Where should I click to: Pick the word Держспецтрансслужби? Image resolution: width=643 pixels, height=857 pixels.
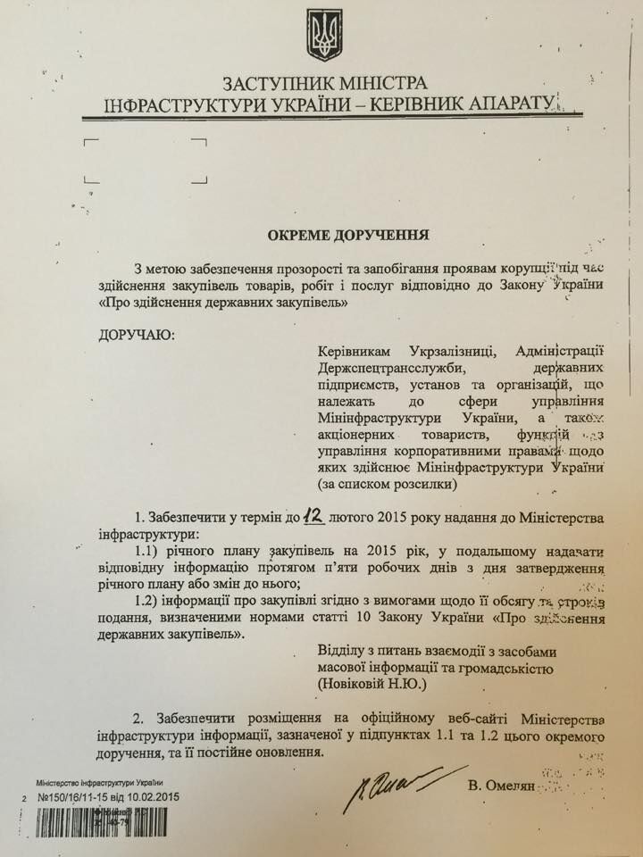391,367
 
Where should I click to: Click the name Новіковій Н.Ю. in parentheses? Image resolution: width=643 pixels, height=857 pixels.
378,686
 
